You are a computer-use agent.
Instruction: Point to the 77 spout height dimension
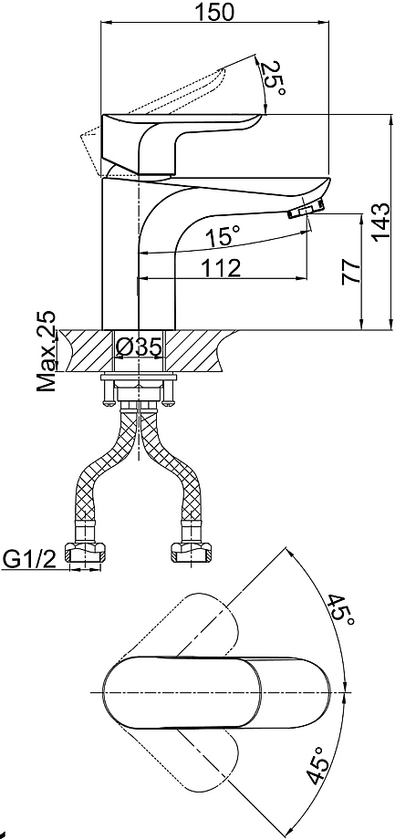(351, 272)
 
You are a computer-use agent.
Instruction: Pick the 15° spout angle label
(223, 236)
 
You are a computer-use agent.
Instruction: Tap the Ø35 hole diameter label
(138, 348)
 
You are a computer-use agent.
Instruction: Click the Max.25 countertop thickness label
(47, 351)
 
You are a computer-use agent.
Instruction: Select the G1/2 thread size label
(30, 560)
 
